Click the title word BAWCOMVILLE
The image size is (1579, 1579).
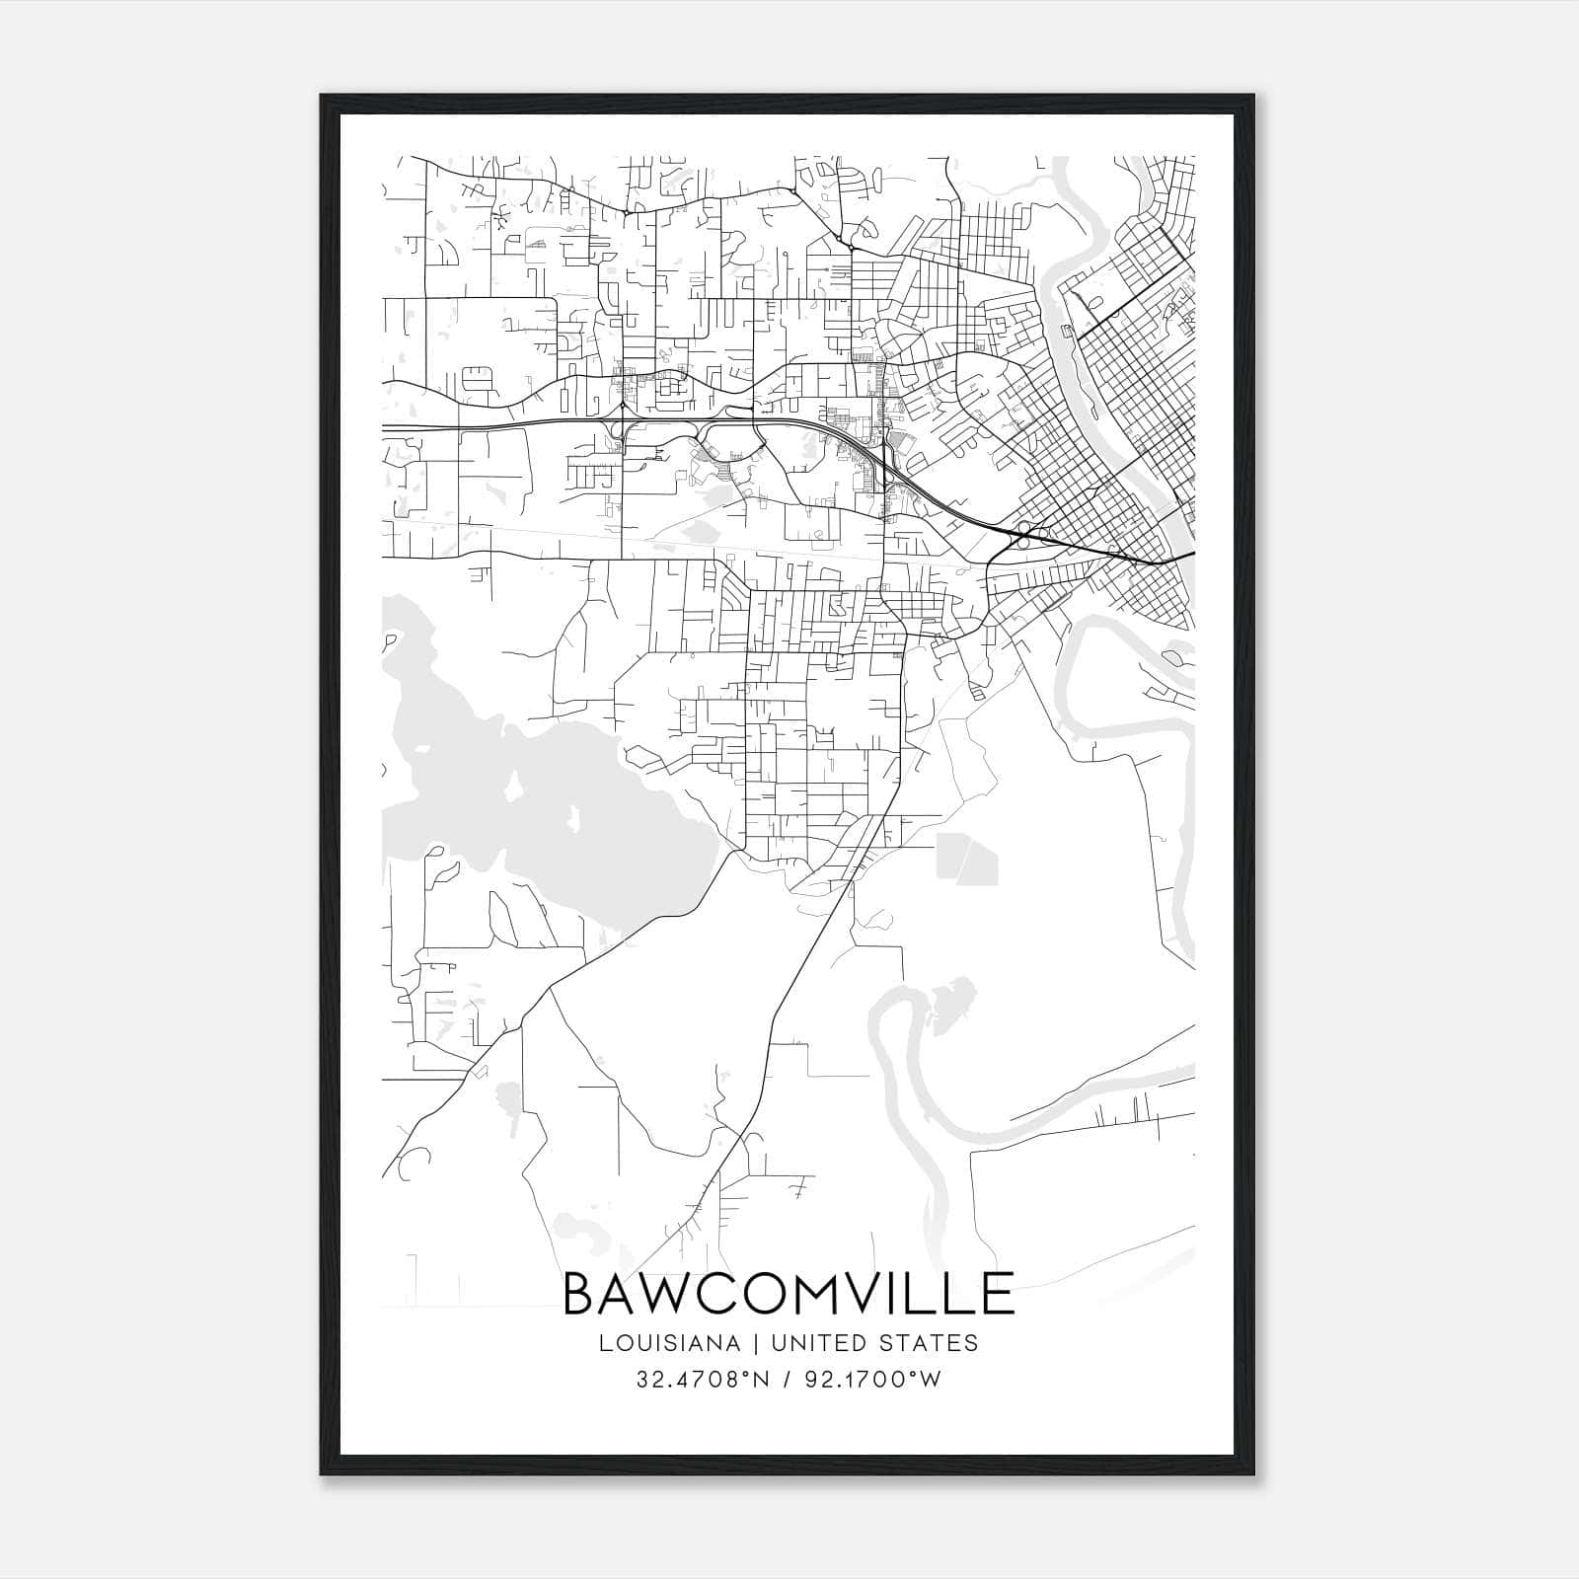789,1294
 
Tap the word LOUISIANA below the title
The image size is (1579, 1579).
668,1343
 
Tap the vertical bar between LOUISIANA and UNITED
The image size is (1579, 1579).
755,1343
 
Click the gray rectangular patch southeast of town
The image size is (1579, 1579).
966,858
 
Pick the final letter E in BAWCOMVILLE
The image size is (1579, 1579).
999,1294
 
